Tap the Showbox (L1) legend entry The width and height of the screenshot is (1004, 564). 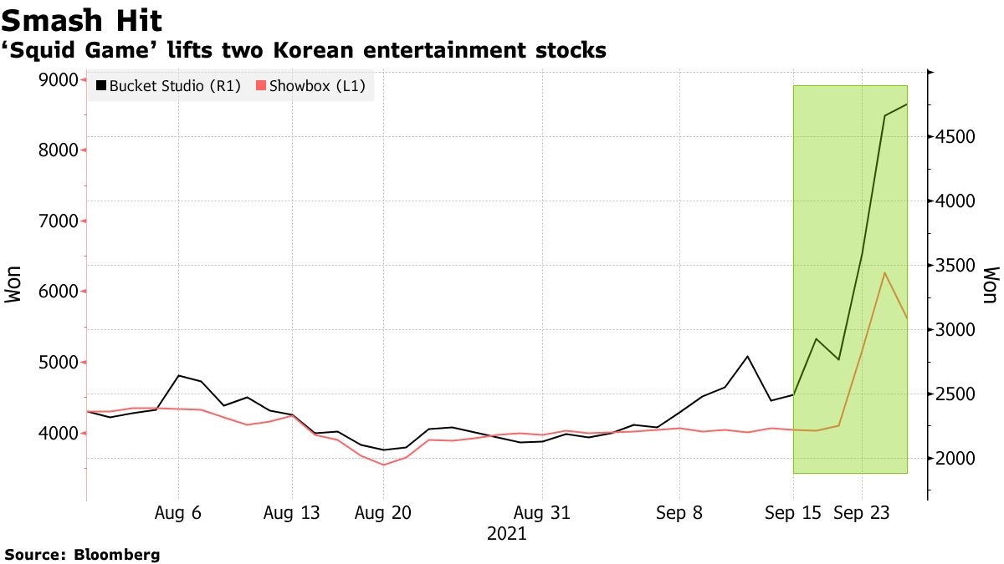coord(309,85)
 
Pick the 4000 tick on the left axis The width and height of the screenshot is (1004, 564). coord(59,433)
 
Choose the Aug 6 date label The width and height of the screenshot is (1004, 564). coord(178,513)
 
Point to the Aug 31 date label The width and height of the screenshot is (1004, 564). coord(542,513)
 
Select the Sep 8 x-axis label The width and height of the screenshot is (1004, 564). coord(679,513)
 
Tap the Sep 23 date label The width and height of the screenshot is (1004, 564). coord(862,513)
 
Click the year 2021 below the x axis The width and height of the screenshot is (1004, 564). coord(506,534)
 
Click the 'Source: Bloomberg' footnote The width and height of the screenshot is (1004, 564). coord(82,554)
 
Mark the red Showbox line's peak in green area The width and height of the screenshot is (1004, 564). coord(885,272)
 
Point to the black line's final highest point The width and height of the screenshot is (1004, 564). coord(907,104)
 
